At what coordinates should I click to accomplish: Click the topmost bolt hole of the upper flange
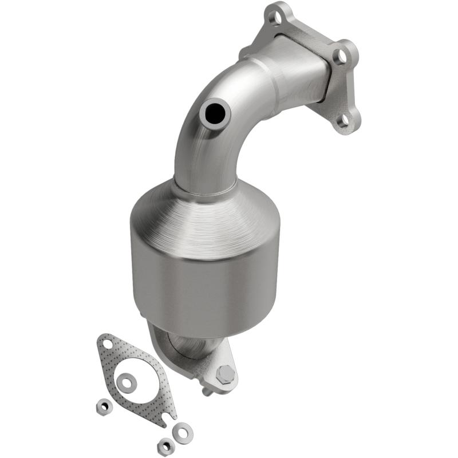[x=277, y=18]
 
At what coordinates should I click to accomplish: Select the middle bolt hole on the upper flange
[x=340, y=56]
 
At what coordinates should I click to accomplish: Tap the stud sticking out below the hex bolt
[x=206, y=392]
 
